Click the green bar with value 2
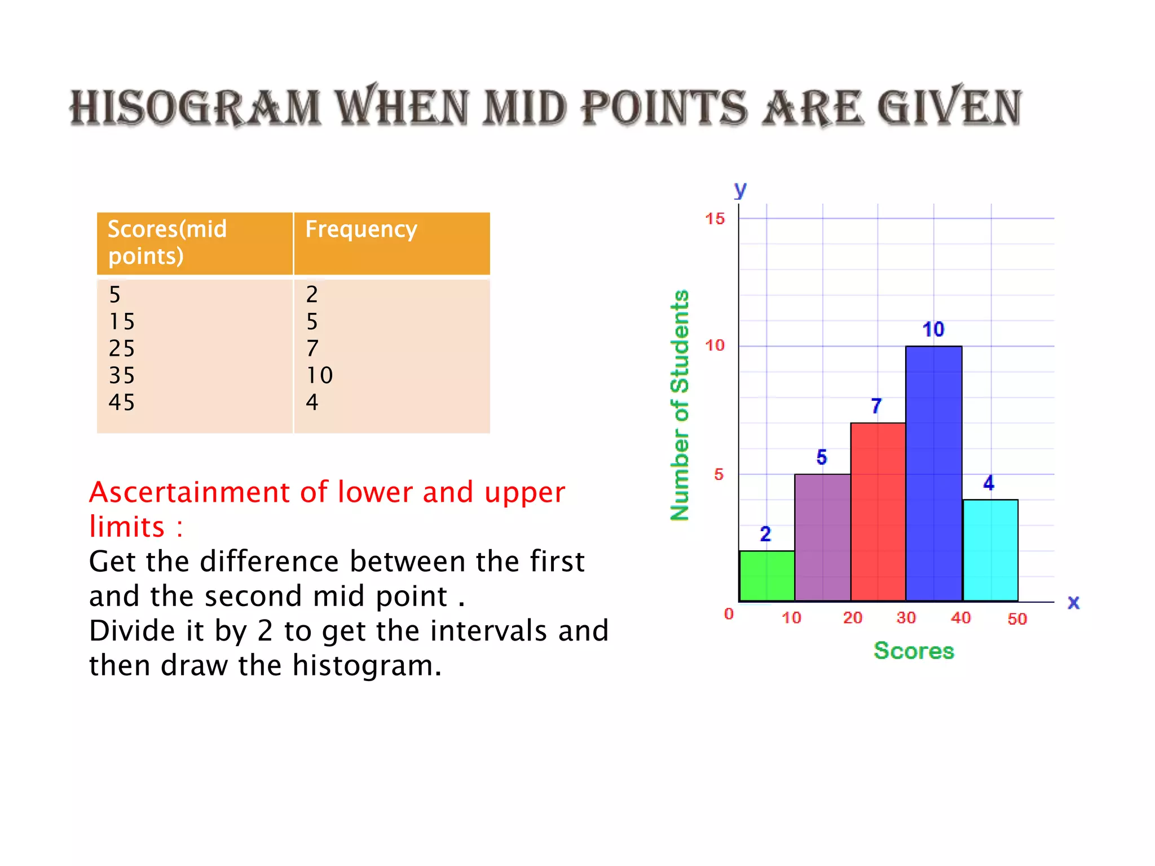click(x=766, y=576)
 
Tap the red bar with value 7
click(x=878, y=511)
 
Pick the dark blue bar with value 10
click(x=933, y=474)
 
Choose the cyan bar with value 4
click(x=990, y=550)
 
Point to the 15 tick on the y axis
click(x=715, y=219)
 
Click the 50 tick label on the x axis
click(x=1017, y=619)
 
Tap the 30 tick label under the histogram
click(x=906, y=618)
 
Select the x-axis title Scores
click(x=914, y=651)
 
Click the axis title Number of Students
click(x=680, y=405)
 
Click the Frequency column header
click(x=361, y=229)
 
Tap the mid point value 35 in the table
click(x=122, y=375)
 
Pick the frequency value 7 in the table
click(x=312, y=348)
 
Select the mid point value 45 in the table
click(x=122, y=403)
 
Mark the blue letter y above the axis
click(x=740, y=189)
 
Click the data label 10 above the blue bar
click(x=933, y=329)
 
